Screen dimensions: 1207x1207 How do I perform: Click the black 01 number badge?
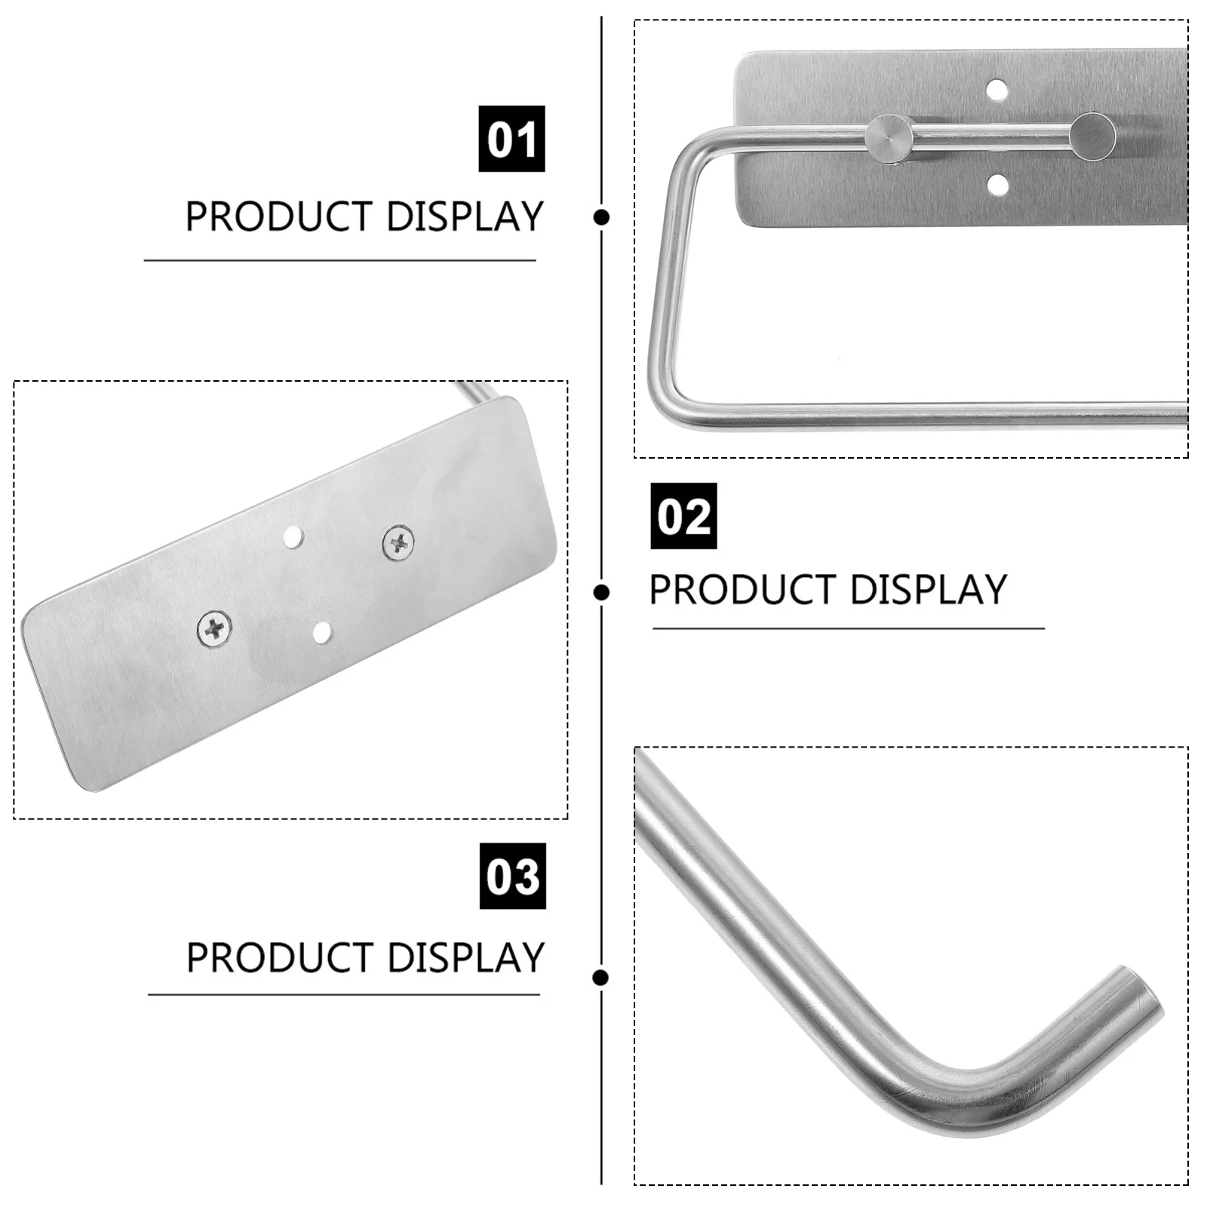point(511,139)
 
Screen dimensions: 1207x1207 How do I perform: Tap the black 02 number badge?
point(683,516)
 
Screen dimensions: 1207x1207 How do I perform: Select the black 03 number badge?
point(512,876)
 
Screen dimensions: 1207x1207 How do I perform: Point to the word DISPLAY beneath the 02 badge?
point(929,590)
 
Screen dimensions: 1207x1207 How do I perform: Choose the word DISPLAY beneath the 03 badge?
point(466,958)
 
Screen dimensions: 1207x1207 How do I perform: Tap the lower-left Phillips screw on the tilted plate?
point(214,628)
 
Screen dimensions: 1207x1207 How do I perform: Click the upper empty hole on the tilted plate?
point(293,538)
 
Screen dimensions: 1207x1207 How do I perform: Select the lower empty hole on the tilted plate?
point(322,632)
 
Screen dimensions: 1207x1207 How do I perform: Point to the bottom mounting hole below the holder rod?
point(997,184)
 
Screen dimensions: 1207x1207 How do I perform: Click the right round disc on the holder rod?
point(1092,136)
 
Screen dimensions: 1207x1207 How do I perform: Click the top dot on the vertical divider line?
point(601,217)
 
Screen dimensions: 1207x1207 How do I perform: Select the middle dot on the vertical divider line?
point(601,592)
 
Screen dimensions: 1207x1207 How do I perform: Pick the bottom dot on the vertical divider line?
point(601,978)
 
